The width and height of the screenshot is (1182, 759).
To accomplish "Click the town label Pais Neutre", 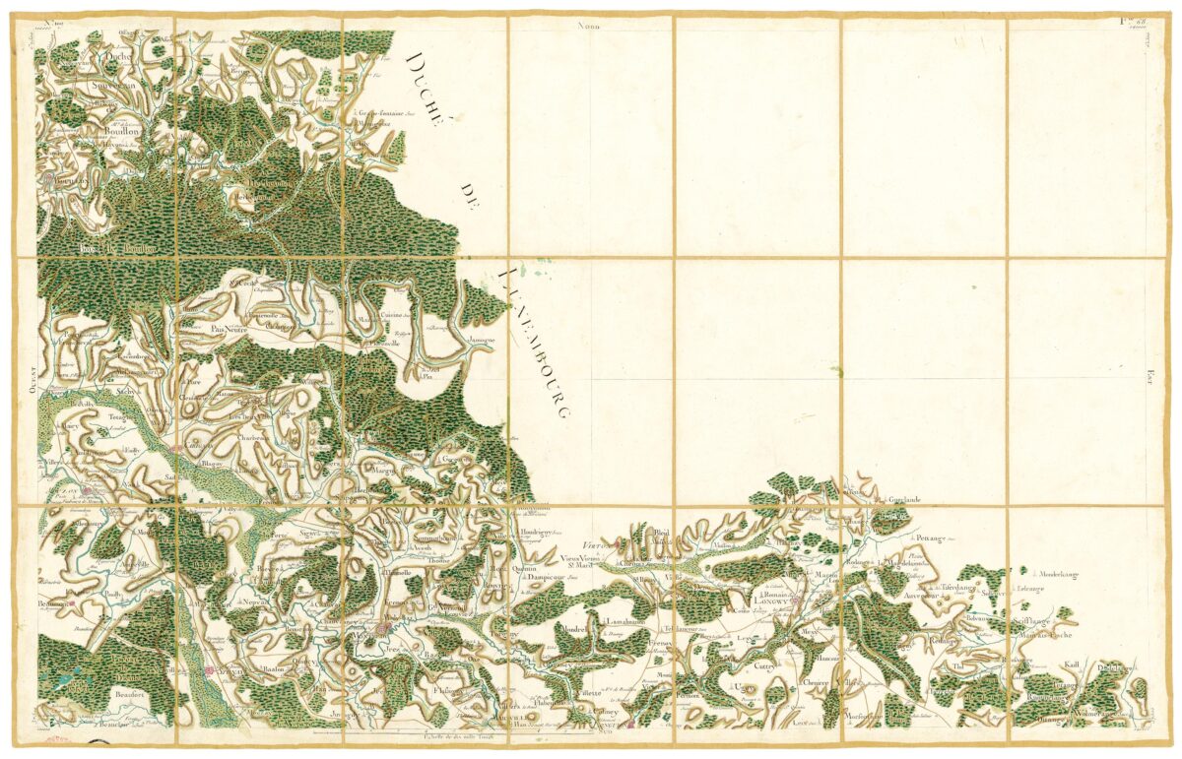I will coord(226,331).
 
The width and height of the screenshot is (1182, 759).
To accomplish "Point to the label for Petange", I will coord(927,539).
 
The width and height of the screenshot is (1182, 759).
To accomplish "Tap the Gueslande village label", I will coord(897,500).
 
